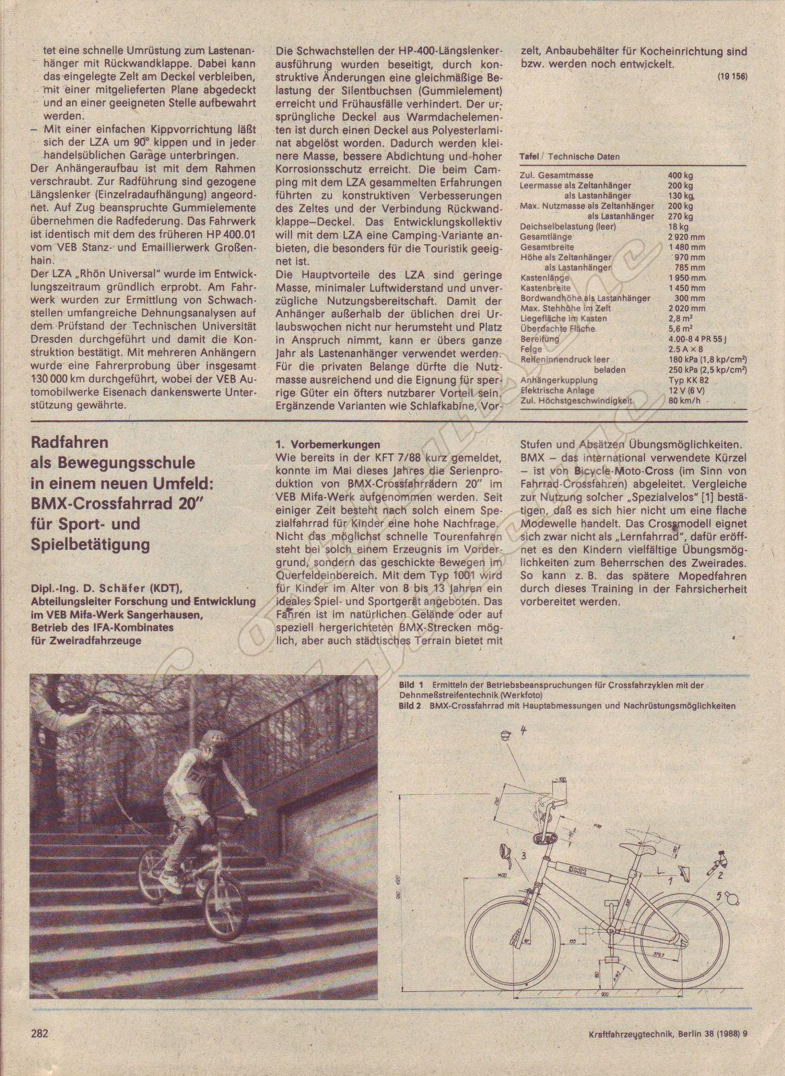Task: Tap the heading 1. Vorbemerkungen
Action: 328,445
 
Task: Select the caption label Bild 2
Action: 410,706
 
